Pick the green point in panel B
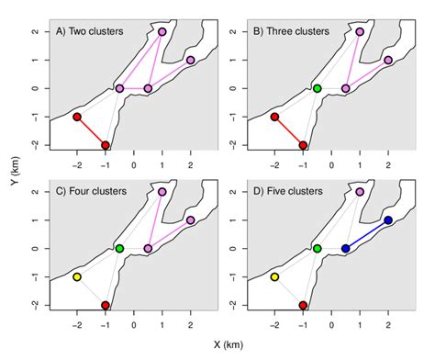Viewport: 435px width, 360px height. click(317, 89)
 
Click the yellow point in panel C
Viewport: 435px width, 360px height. click(77, 276)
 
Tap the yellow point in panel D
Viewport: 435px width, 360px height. click(274, 276)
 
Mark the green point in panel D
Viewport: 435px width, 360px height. click(317, 249)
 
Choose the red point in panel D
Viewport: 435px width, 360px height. click(303, 305)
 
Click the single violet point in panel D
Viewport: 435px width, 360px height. click(360, 192)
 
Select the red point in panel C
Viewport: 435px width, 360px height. click(106, 305)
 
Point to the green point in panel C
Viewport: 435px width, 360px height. click(119, 249)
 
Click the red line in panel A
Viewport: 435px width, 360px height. click(91, 130)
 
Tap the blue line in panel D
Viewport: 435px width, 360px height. click(366, 234)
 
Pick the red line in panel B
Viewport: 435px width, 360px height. click(288, 130)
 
